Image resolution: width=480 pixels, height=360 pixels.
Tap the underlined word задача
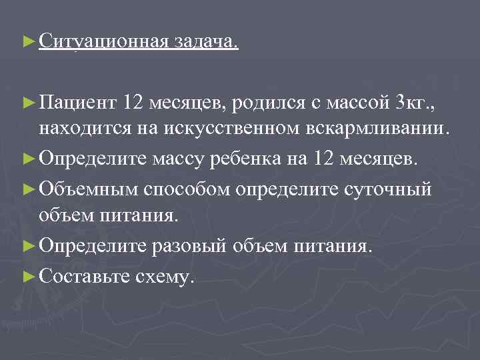point(205,42)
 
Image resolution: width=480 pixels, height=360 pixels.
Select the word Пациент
point(79,103)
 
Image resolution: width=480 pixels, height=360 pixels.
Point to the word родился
point(269,103)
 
